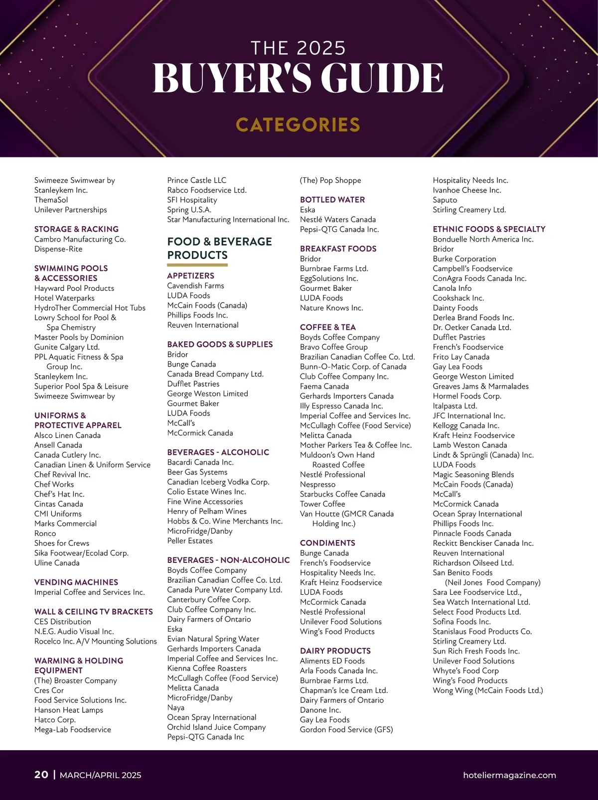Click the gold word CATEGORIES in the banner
coord(298,125)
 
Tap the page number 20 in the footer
coord(41,774)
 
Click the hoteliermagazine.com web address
coord(509,775)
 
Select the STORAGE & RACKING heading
coord(76,229)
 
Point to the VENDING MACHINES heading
coord(76,582)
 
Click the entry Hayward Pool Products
coord(74,288)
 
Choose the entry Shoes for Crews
coord(62,543)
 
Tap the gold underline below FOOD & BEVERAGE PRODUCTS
coord(197,265)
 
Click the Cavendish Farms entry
coord(196,285)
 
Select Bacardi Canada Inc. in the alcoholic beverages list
coord(200,462)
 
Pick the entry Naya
coord(176,707)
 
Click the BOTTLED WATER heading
coord(332,200)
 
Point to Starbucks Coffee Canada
coord(342,494)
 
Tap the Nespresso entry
coord(318,484)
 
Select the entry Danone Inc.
coord(320,710)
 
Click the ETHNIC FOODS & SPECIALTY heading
coord(489,229)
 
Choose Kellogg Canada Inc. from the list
coord(466,425)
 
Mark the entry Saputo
coord(445,200)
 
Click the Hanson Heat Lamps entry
coord(69,710)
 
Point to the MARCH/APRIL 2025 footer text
coord(100,775)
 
